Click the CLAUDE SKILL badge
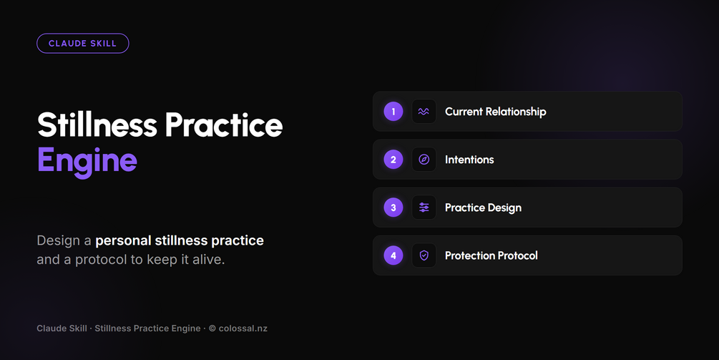pos(82,44)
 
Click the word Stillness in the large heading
pos(97,125)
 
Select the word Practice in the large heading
pos(224,125)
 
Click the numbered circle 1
pos(393,112)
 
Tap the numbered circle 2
pos(393,160)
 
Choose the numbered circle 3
pos(393,208)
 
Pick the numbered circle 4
pos(393,256)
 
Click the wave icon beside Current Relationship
pos(424,112)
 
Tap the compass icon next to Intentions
pos(424,160)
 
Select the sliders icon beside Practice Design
pos(424,208)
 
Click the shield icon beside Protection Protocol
pos(424,256)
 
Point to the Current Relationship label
pos(496,112)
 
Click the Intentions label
pos(469,160)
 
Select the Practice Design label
pos(484,208)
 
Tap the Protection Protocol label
pos(491,256)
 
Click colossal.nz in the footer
pos(243,329)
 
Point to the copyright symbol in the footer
pos(212,329)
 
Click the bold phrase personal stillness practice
pos(180,240)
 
